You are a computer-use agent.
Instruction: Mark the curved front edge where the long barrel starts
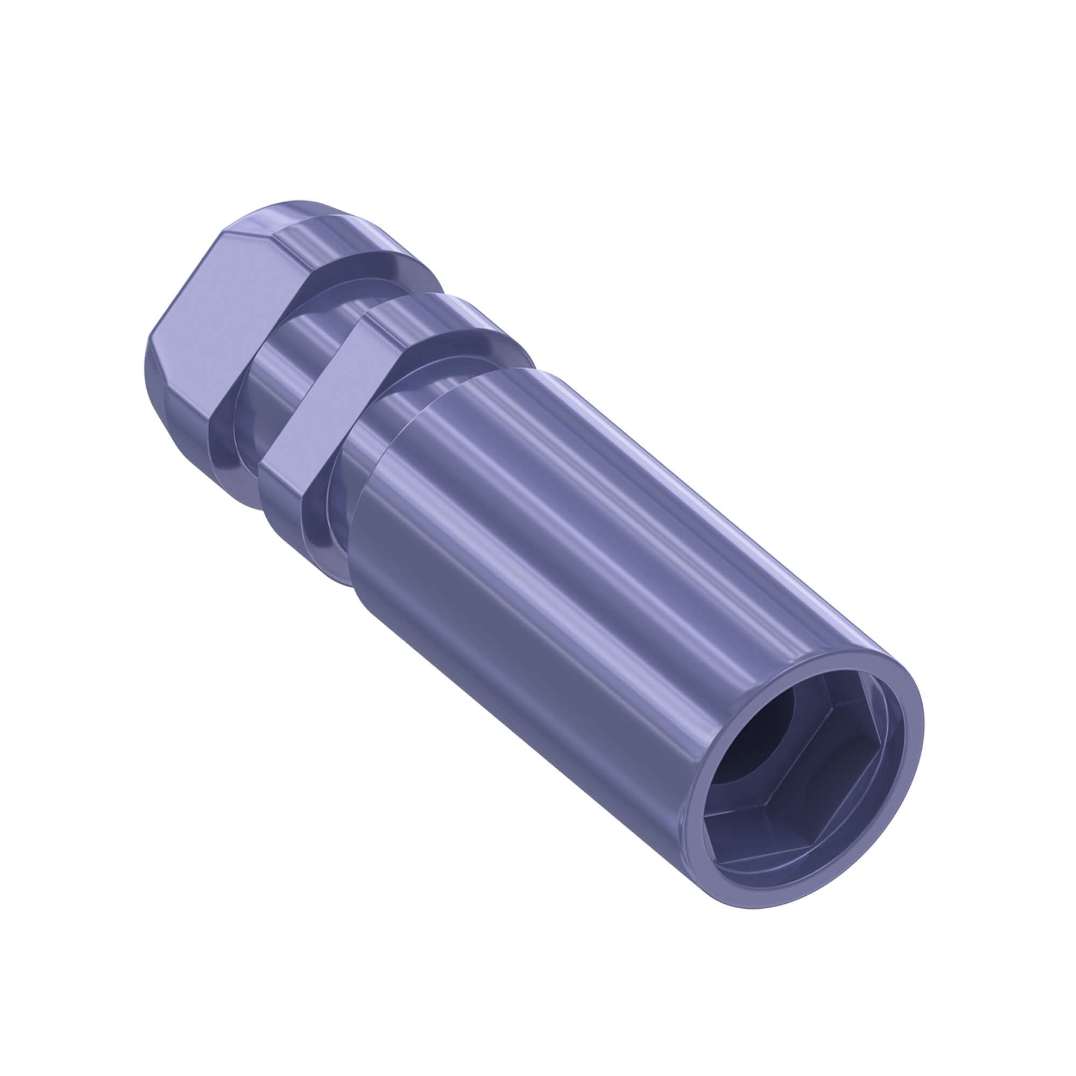[x=390, y=490]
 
